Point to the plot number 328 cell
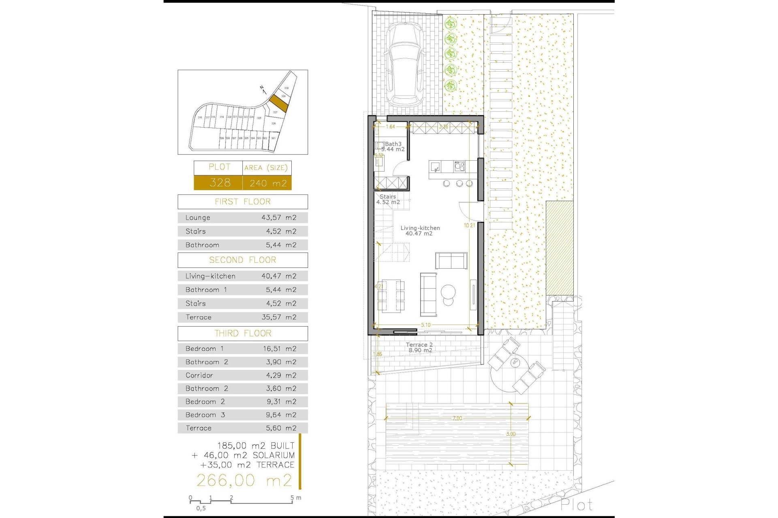219,183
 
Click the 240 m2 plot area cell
268,183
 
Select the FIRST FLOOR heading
242,202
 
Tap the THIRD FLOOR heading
242,333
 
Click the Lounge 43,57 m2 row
242,218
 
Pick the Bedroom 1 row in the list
242,348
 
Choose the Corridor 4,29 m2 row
242,375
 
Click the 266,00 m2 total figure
244,480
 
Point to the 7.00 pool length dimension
457,418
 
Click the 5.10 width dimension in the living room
425,325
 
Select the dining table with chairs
391,295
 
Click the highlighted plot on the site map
279,103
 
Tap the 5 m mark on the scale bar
293,498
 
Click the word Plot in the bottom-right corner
577,505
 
